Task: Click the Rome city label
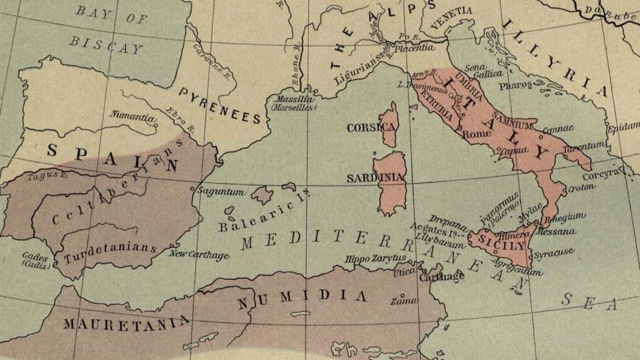point(477,134)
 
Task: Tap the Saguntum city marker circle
point(192,189)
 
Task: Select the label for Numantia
point(133,116)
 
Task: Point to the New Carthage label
point(199,255)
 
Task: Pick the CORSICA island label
point(371,128)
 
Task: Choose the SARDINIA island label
point(375,178)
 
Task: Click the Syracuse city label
point(554,254)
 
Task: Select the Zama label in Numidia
point(404,301)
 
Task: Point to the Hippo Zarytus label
point(375,258)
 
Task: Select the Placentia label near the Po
point(414,48)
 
